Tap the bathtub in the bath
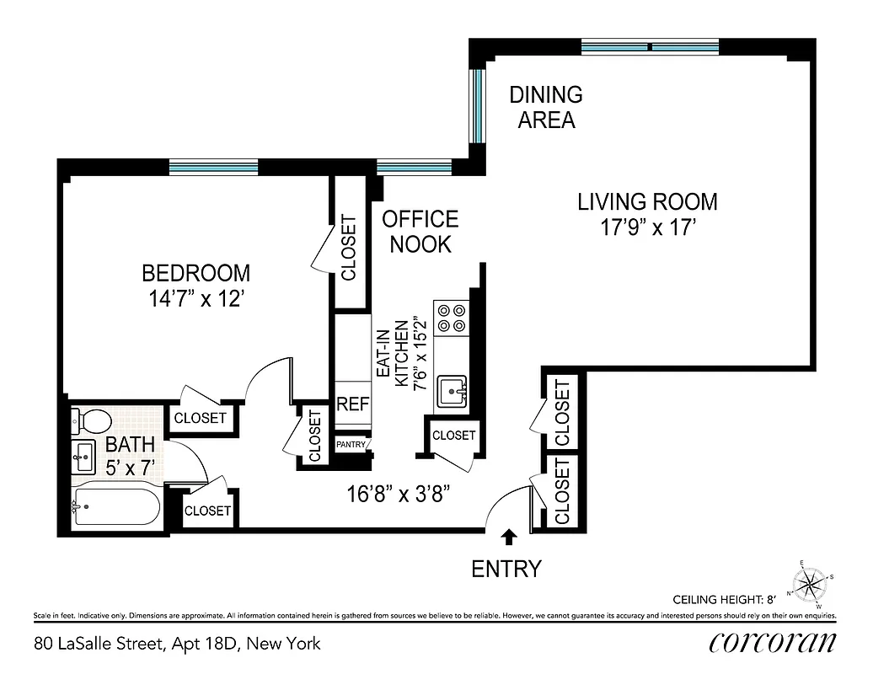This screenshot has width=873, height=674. click(115, 506)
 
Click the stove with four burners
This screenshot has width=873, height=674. click(452, 316)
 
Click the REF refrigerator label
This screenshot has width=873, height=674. click(353, 404)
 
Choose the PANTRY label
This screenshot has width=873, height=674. click(351, 444)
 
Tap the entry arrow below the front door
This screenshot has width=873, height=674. click(508, 537)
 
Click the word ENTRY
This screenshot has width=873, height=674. click(506, 569)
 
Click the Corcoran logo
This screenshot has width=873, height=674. click(772, 643)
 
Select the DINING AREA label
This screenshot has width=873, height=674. click(546, 107)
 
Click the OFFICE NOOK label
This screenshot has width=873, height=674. click(420, 232)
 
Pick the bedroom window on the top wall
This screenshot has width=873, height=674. click(213, 168)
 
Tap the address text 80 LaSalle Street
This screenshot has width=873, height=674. click(178, 644)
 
